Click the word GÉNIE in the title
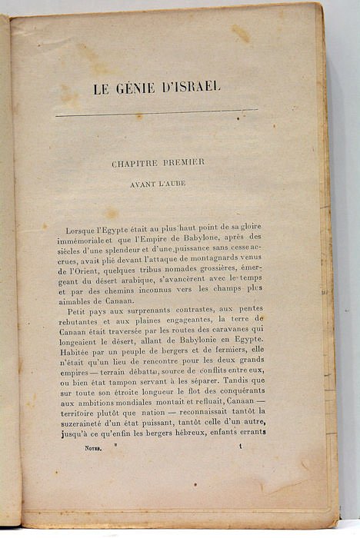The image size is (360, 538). [x=138, y=88]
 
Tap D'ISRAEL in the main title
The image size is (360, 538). [x=190, y=87]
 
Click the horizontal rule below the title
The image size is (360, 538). [x=157, y=114]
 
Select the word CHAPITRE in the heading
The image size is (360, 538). [x=139, y=164]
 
